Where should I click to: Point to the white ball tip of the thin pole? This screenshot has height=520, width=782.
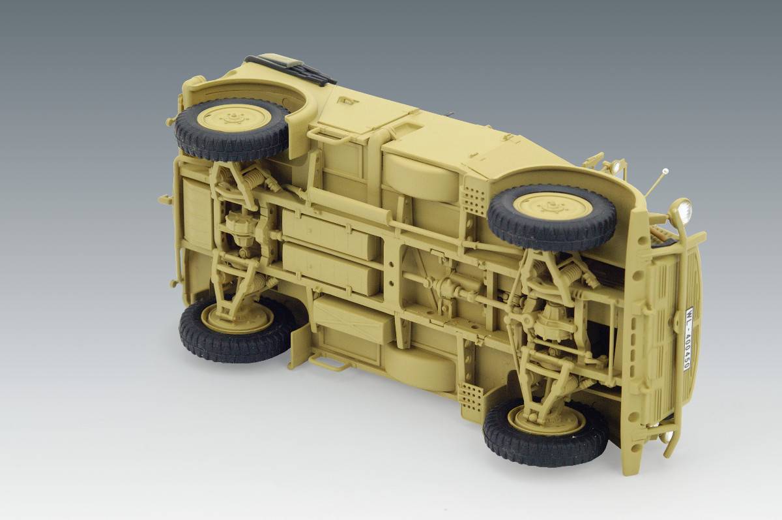[x=666, y=170]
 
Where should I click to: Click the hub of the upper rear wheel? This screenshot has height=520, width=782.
[x=235, y=119]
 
